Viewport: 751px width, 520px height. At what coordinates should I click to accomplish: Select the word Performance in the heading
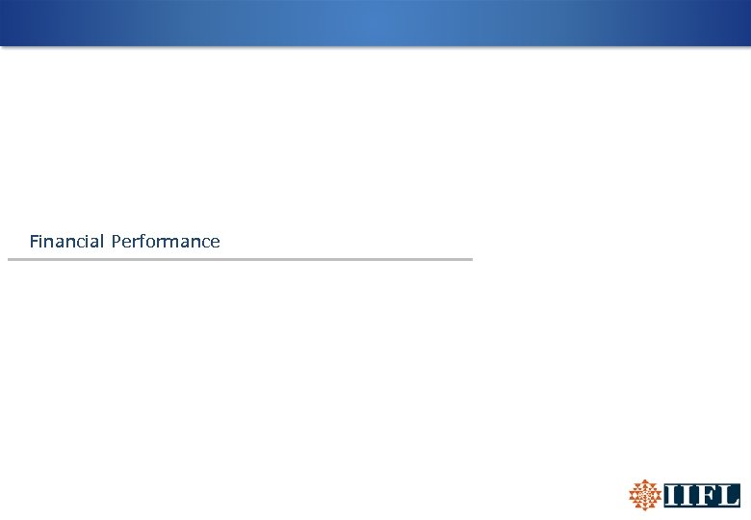166,242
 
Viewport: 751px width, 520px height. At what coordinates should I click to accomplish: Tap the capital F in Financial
35,242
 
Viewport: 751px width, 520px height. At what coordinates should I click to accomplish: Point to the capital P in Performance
117,242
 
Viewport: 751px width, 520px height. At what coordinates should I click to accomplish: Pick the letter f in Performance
145,241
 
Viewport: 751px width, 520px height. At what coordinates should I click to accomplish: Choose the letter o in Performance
154,243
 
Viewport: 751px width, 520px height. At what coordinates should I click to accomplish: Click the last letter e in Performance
215,243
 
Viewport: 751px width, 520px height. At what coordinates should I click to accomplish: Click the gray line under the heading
241,259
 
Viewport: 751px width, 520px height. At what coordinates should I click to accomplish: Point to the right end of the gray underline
471,259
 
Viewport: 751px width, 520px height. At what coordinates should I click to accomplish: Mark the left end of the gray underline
10,259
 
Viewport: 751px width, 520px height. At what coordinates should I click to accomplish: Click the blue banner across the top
375,23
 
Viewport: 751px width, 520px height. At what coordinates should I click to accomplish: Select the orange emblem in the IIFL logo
644,495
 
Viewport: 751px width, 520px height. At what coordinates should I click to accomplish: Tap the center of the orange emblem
644,495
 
